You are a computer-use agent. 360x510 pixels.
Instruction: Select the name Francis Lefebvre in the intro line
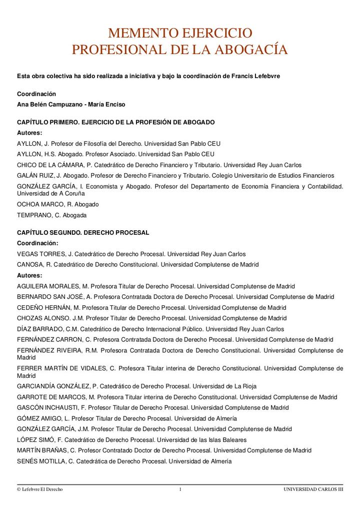[256, 76]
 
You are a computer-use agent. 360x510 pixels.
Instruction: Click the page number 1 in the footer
[180, 489]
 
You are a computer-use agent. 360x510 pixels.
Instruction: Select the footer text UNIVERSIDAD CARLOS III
[313, 489]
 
